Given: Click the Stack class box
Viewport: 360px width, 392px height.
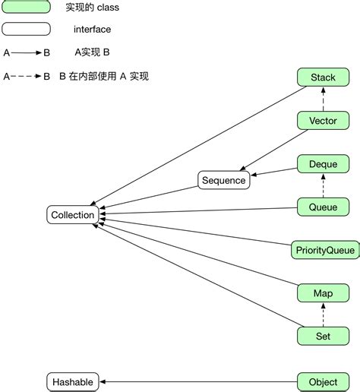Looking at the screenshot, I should click(x=323, y=77).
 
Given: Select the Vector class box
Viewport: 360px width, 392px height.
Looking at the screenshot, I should click(x=323, y=121).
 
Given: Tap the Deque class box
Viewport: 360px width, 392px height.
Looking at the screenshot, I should click(x=323, y=163).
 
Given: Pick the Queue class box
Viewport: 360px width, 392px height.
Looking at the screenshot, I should click(x=323, y=206).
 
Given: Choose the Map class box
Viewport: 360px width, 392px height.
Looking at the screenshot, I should click(x=323, y=292).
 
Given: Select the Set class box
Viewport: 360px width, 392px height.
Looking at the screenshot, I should click(x=323, y=335).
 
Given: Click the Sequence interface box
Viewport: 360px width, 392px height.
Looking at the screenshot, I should click(x=223, y=180).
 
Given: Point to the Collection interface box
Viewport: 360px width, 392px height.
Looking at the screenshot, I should click(x=73, y=215).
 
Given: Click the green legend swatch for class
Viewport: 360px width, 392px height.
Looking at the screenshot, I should click(x=27, y=7).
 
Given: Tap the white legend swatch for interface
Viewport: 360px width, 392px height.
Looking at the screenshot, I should click(x=27, y=30).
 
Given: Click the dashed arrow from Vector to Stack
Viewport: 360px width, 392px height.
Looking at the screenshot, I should click(x=323, y=99).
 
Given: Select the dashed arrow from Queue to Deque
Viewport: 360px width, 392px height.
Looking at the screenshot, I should click(x=323, y=185).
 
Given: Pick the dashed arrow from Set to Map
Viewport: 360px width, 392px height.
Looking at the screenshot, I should click(x=323, y=314).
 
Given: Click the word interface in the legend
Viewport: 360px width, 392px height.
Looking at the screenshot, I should click(x=92, y=30).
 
